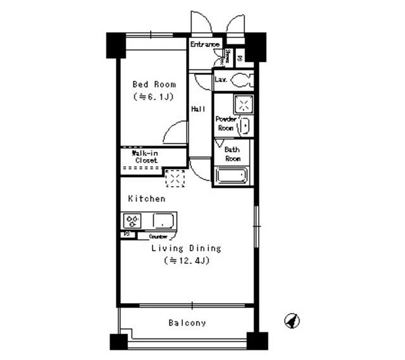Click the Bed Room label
point(154,84)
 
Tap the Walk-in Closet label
point(145,156)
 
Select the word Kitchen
point(147,199)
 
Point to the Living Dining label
point(185,249)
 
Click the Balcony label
point(187,323)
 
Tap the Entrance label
point(205,45)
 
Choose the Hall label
point(198,109)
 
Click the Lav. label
point(221,80)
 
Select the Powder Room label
point(225,123)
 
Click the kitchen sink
point(164,221)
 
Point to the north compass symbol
point(291,321)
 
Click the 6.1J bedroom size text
point(154,97)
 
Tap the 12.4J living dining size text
point(185,260)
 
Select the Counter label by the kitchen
point(158,236)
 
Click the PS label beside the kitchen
point(127,234)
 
